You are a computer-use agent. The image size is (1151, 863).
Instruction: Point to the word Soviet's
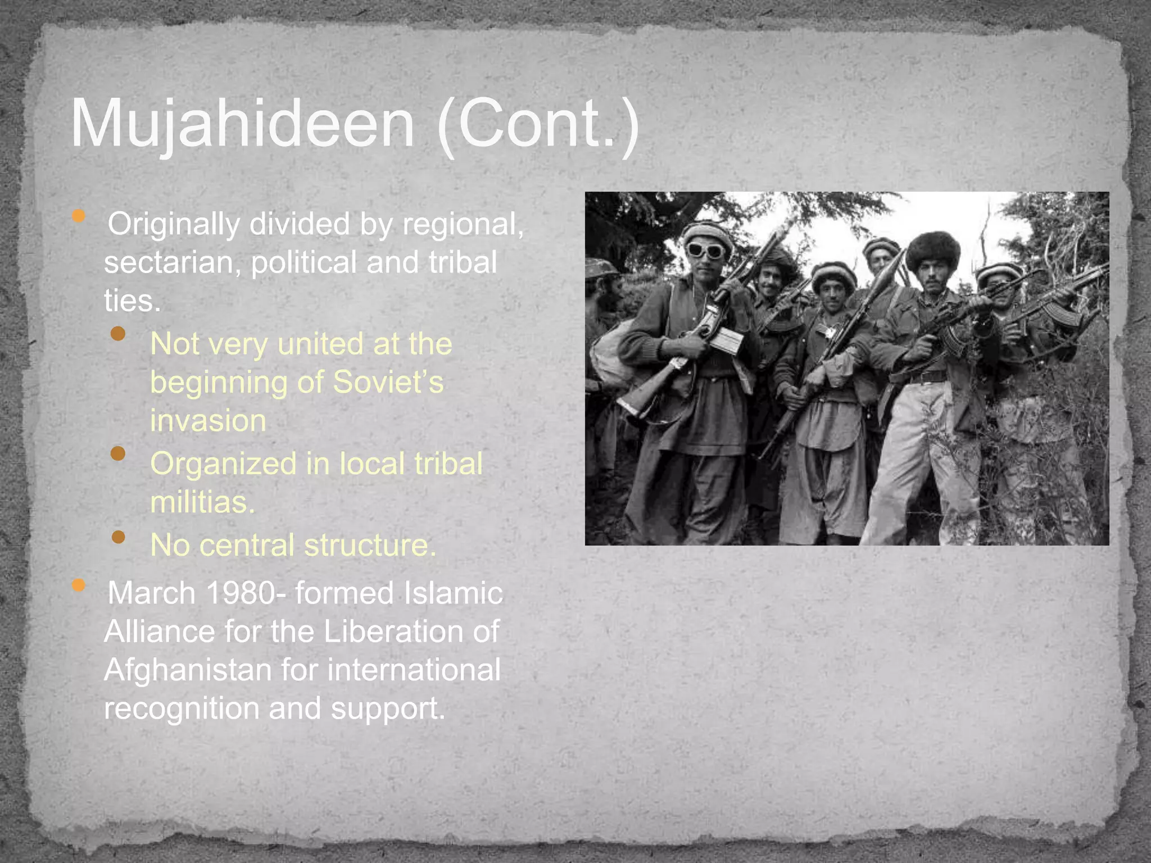pos(388,382)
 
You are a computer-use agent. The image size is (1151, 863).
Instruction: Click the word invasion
pos(208,420)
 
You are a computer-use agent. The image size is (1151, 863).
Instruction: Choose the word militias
pos(202,502)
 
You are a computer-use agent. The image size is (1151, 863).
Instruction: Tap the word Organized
pos(223,464)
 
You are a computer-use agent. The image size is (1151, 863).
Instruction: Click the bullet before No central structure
pos(118,538)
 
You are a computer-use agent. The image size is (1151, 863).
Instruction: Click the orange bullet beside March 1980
pos(79,585)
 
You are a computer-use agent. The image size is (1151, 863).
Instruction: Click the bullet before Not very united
pos(118,334)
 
